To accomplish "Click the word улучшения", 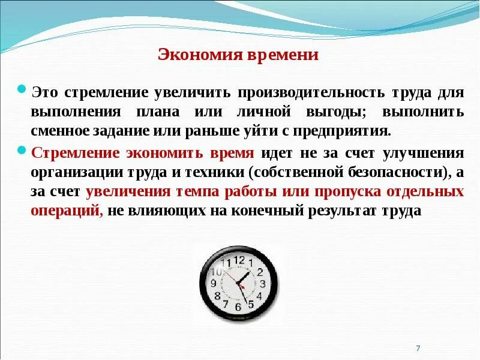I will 424,153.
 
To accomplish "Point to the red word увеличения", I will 123,192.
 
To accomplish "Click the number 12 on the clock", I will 239,260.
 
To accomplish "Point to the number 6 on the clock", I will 238,307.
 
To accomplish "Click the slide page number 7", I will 418,349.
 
